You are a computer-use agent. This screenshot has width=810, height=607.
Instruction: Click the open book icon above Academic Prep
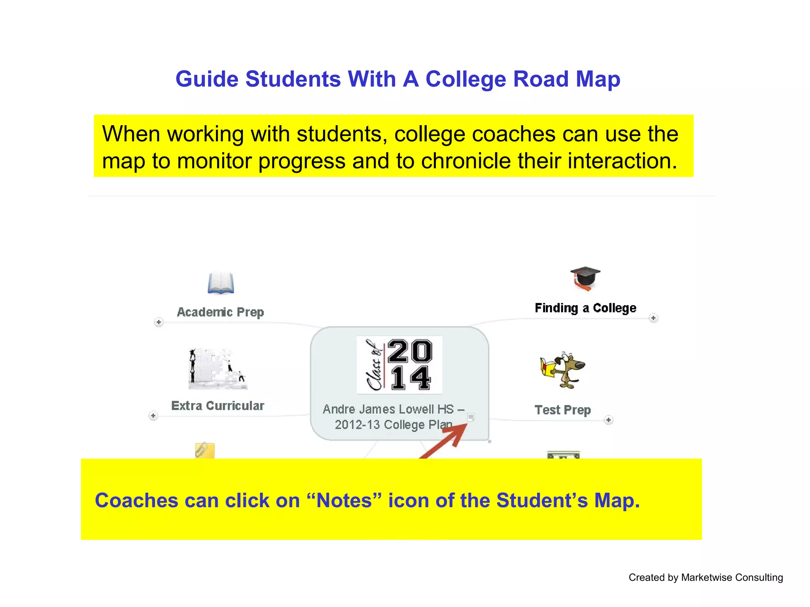(221, 283)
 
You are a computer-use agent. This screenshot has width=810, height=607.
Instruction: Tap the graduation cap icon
(585, 278)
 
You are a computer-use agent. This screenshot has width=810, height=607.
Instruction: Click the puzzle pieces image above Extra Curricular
(217, 369)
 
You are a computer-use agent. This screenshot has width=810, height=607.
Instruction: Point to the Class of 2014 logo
(399, 365)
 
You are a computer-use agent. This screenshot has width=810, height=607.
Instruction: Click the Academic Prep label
(220, 312)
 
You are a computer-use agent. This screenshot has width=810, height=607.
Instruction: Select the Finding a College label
(585, 308)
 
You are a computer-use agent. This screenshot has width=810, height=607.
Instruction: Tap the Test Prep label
(562, 410)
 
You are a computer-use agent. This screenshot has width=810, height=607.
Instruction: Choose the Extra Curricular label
(218, 406)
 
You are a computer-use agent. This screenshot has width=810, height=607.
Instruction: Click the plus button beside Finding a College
(653, 318)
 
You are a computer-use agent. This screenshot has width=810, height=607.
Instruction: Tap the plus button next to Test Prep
(609, 420)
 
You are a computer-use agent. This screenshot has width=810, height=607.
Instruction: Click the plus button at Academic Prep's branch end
(159, 322)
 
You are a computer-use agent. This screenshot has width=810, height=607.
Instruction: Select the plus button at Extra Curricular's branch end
(153, 416)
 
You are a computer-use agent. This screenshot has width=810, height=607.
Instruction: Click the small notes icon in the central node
(471, 417)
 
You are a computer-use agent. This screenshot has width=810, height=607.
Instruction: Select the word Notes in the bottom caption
(344, 500)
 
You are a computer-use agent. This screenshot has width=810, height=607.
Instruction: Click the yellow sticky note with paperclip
(205, 451)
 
